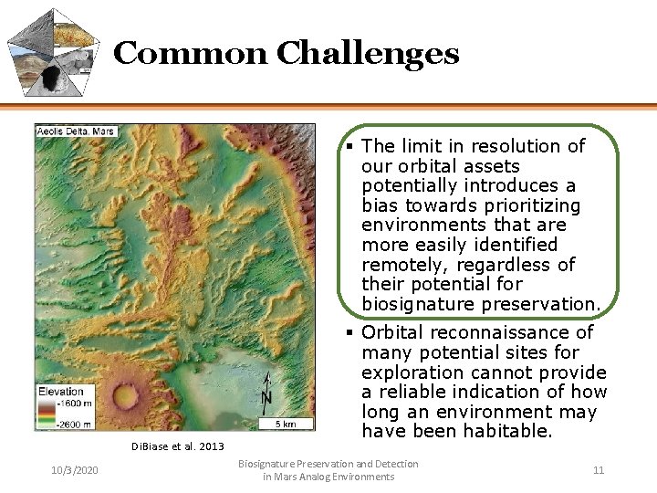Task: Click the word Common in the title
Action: [x=192, y=54]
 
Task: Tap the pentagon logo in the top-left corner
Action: [x=53, y=52]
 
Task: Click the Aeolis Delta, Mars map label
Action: [x=76, y=131]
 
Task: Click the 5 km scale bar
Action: [x=287, y=422]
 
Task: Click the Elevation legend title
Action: [x=61, y=392]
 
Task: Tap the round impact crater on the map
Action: [x=128, y=395]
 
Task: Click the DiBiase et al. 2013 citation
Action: [x=177, y=446]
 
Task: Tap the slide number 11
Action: [x=599, y=470]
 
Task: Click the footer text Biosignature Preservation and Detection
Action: [x=328, y=464]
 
